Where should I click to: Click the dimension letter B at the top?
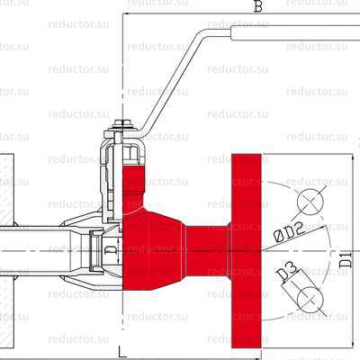[x=257, y=7]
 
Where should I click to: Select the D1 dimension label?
[x=345, y=264]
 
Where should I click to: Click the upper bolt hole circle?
[x=310, y=201]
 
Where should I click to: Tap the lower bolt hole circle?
[x=309, y=298]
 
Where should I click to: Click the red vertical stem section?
[x=132, y=184]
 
